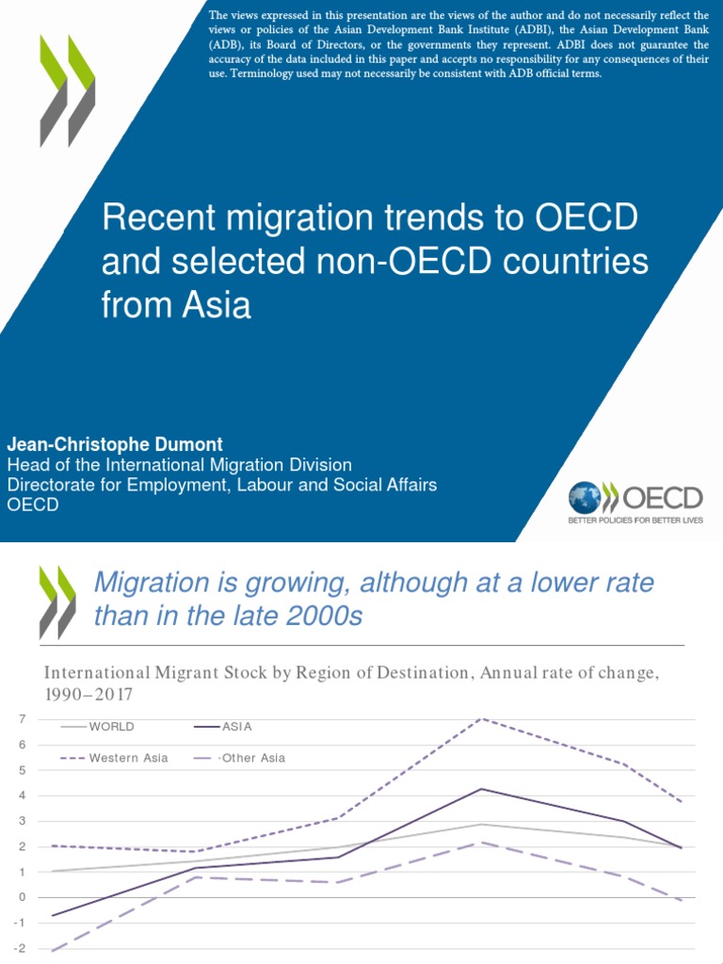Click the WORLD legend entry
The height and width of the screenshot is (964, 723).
[111, 727]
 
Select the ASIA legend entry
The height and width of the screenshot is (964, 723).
[237, 727]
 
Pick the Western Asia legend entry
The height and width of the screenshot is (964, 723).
[128, 758]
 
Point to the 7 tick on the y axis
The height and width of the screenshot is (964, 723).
[21, 719]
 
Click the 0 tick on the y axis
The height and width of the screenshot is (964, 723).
[21, 897]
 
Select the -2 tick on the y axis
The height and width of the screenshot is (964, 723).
[19, 948]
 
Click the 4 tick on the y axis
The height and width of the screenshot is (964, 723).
[21, 795]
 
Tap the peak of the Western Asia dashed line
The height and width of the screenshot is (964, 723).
[482, 719]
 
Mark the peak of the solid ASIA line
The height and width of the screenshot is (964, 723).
[482, 789]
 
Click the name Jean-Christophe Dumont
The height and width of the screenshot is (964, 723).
[117, 442]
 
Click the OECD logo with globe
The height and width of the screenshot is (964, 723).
[635, 500]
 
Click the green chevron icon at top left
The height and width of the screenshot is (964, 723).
[67, 90]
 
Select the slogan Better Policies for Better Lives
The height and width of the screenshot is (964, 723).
[635, 520]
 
